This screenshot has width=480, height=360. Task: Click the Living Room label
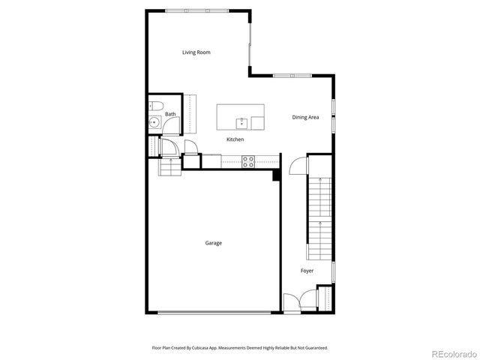click(196, 52)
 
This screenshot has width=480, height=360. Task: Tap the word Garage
click(214, 242)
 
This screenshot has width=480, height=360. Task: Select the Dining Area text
click(306, 117)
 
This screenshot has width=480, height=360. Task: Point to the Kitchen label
click(235, 139)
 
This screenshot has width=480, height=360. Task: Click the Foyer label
click(307, 270)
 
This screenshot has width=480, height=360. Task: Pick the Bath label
click(171, 114)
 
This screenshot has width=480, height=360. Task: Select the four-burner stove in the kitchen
click(248, 160)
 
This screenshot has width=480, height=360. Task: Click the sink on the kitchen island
click(242, 122)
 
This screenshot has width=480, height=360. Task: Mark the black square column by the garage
click(276, 175)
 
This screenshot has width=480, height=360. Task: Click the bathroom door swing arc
click(169, 146)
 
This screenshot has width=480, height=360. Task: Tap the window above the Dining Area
click(292, 75)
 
